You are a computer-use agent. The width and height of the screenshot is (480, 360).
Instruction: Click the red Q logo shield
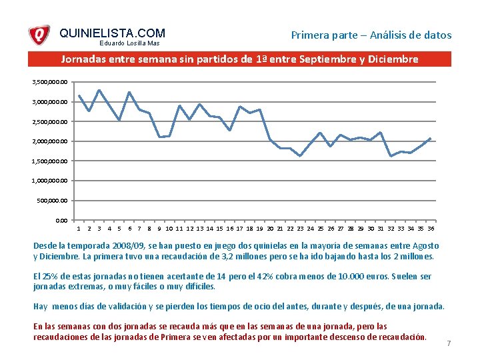[x=39, y=35]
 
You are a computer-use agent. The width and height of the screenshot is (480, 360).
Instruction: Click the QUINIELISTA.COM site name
[x=112, y=33]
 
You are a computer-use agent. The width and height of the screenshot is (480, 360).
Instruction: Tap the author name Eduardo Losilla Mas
[x=130, y=44]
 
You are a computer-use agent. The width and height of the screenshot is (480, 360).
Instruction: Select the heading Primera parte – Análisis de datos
[x=371, y=35]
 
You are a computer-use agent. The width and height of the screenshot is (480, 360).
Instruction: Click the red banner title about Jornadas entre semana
[x=239, y=59]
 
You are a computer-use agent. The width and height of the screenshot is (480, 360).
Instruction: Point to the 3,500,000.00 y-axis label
[x=50, y=82]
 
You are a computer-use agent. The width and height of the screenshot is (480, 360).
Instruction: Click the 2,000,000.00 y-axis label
[x=50, y=141]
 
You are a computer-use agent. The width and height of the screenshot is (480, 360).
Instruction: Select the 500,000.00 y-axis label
[x=53, y=201]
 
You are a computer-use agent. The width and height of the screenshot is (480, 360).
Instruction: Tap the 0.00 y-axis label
[x=61, y=220]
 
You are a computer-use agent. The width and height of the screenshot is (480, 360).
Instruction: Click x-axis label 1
[x=79, y=228]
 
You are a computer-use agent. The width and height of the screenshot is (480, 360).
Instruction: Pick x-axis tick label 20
[x=270, y=228]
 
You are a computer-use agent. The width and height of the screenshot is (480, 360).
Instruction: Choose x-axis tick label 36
[x=431, y=228]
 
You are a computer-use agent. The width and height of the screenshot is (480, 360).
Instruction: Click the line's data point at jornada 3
[x=99, y=90]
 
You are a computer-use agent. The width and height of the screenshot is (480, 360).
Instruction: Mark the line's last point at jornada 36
[x=431, y=139]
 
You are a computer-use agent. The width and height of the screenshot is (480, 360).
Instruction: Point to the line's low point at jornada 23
[x=300, y=156]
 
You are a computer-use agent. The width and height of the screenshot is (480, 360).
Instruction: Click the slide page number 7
[x=449, y=343]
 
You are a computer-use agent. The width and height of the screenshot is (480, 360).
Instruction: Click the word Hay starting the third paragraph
[x=41, y=306]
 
